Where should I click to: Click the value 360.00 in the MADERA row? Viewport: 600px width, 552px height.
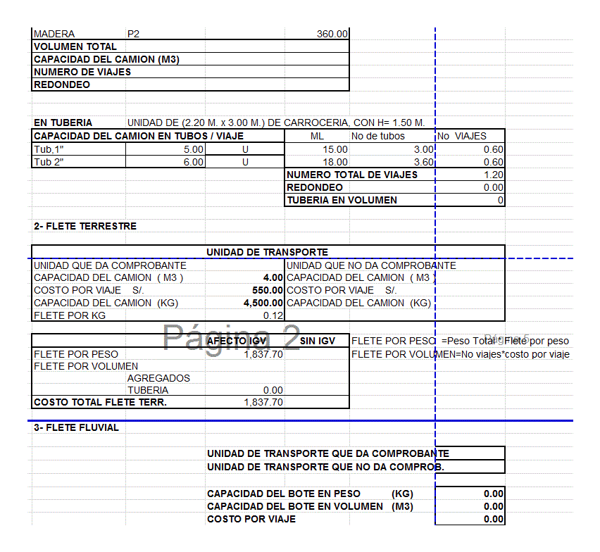pos(332,34)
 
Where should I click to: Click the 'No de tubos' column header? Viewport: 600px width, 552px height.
pos(378,136)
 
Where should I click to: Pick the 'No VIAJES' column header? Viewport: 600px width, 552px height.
pos(462,136)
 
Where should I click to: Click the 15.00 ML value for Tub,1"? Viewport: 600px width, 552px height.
pos(335,149)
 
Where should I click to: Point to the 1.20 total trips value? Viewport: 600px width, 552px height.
pos(494,175)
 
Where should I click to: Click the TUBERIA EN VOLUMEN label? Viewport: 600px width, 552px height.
pos(342,200)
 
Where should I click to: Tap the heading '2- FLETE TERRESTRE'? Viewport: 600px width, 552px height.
pos(85,226)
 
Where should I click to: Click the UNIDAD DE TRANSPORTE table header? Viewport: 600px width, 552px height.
pos(267,251)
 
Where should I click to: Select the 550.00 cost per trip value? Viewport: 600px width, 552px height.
pos(268,290)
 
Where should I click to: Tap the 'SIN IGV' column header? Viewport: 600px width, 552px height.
pos(317,341)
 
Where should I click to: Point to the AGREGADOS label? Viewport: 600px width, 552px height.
pos(158,378)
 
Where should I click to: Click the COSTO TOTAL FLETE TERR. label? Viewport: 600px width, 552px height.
pos(101,403)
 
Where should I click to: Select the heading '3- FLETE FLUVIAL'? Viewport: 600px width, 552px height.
pos(77,427)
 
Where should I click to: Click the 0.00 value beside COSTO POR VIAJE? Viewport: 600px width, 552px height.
pos(494,519)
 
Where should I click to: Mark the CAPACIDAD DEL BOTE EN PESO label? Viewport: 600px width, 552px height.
pos(284,494)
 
